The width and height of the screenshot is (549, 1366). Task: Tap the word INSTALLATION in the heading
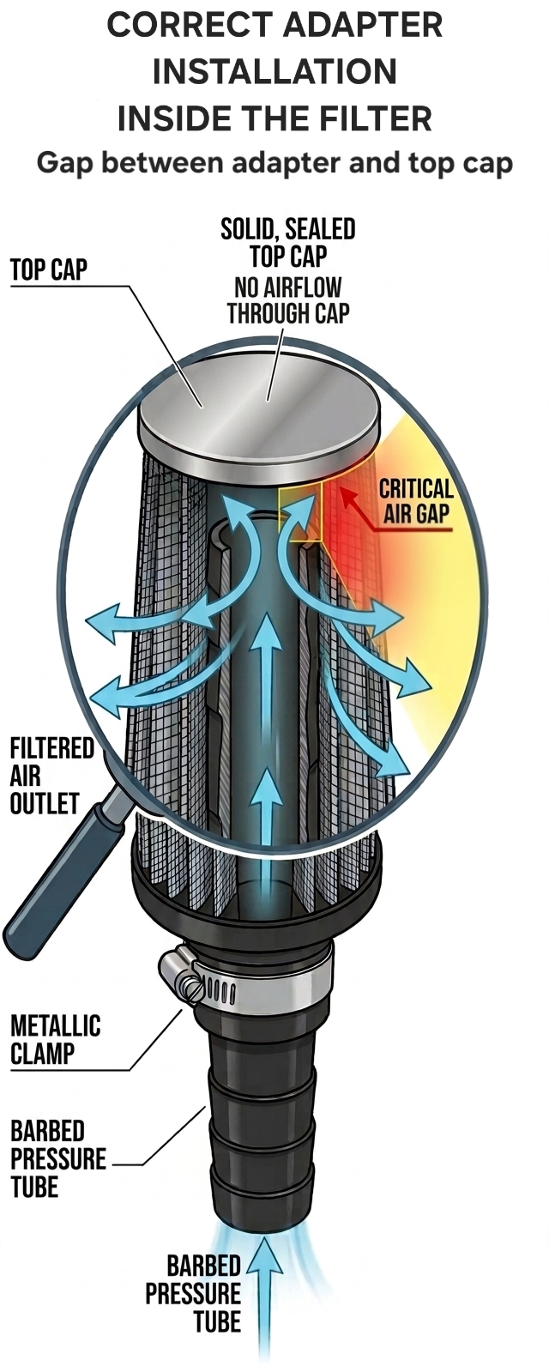point(274,71)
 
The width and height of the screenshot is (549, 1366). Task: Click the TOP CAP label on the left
point(49,269)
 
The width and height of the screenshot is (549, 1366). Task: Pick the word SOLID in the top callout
point(247,230)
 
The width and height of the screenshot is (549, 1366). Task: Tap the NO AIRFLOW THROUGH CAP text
point(289,300)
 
